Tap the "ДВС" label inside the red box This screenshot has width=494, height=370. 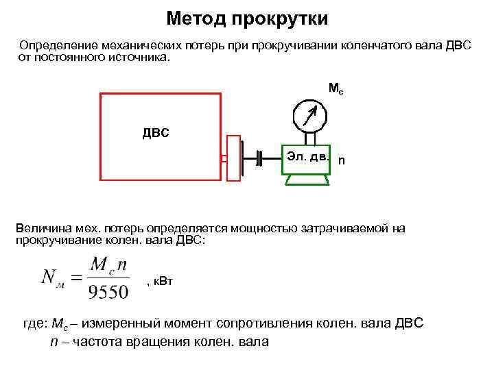(x=156, y=132)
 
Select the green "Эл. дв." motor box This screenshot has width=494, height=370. (x=307, y=158)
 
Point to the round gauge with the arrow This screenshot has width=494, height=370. (x=309, y=114)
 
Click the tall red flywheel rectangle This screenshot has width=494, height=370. (x=233, y=158)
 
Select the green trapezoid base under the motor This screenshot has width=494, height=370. (x=307, y=180)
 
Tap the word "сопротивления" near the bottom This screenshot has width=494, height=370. (x=265, y=323)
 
